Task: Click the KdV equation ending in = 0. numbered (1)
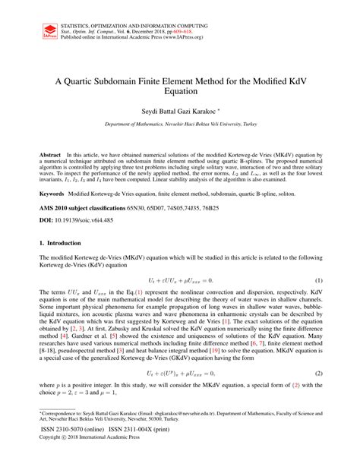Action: (x=180, y=280)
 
